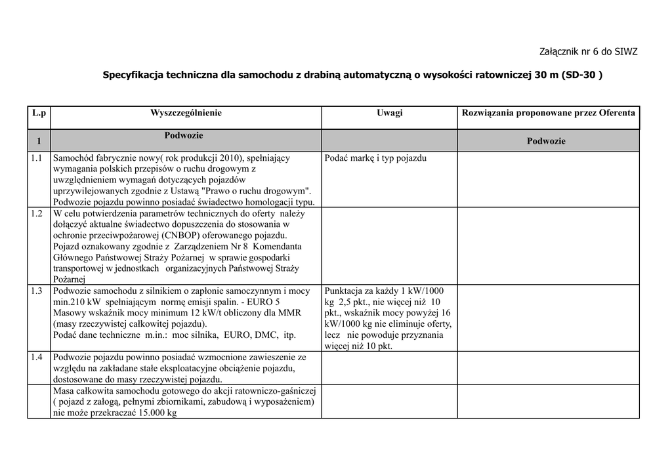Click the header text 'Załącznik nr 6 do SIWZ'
point(588,51)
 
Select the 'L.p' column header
point(39,113)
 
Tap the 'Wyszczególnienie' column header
point(186,113)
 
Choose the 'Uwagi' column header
point(389,113)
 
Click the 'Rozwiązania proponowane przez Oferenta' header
point(549,113)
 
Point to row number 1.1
point(36,158)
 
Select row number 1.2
point(36,213)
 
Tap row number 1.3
point(36,291)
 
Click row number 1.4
point(36,358)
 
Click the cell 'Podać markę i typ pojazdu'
point(375,158)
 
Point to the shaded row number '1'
point(39,141)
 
